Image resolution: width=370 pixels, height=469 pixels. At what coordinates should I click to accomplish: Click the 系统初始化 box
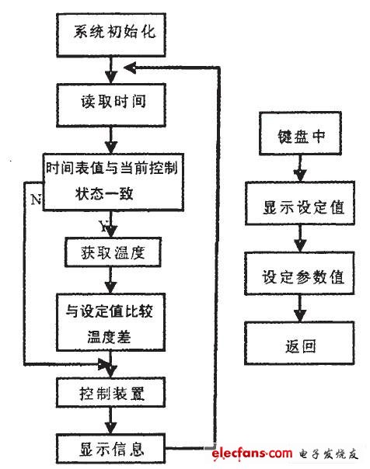[111, 35]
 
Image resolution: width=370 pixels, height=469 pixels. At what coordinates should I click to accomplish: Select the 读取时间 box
[111, 106]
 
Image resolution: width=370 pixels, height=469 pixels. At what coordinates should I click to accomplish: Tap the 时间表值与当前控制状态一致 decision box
[113, 182]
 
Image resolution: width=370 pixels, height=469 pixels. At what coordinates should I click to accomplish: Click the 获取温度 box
[113, 252]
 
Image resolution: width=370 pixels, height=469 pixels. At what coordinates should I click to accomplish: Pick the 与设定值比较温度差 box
[110, 322]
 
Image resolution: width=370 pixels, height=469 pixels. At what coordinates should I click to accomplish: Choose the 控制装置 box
[110, 392]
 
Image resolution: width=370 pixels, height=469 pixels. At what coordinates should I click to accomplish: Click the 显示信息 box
[110, 449]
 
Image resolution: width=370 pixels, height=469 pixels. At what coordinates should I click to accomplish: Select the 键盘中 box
[300, 134]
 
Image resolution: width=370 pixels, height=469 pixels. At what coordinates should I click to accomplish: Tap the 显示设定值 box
[300, 203]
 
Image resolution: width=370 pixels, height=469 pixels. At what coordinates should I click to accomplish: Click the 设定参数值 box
[299, 273]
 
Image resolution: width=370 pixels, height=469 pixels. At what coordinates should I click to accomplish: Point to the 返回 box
[299, 343]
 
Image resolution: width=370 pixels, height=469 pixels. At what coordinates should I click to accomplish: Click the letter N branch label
[36, 200]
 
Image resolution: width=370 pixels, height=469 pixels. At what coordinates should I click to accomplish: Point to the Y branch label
[104, 227]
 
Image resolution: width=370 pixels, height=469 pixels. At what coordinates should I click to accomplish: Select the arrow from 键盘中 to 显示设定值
[300, 168]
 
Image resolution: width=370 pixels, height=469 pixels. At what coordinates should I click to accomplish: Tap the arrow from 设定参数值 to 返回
[299, 309]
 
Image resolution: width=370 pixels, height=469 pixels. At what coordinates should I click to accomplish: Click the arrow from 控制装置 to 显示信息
[110, 421]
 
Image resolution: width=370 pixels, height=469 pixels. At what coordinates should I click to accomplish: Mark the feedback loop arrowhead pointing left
[131, 68]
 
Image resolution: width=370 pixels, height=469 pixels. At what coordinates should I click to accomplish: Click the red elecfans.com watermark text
[252, 453]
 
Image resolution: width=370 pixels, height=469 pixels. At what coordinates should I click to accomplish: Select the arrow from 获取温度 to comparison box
[110, 280]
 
